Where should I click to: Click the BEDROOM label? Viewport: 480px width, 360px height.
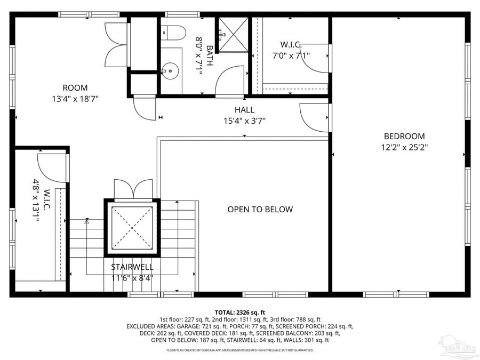click(404, 136)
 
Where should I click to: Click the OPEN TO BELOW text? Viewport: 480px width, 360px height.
click(260, 210)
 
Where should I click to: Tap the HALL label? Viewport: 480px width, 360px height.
click(244, 110)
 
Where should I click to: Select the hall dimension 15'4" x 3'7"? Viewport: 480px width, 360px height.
click(244, 121)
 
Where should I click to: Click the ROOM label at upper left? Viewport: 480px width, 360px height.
click(75, 88)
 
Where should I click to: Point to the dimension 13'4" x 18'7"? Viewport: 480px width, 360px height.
click(75, 99)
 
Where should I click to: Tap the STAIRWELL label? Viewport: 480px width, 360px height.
click(132, 267)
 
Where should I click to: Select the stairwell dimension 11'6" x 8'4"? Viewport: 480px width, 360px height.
click(132, 277)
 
